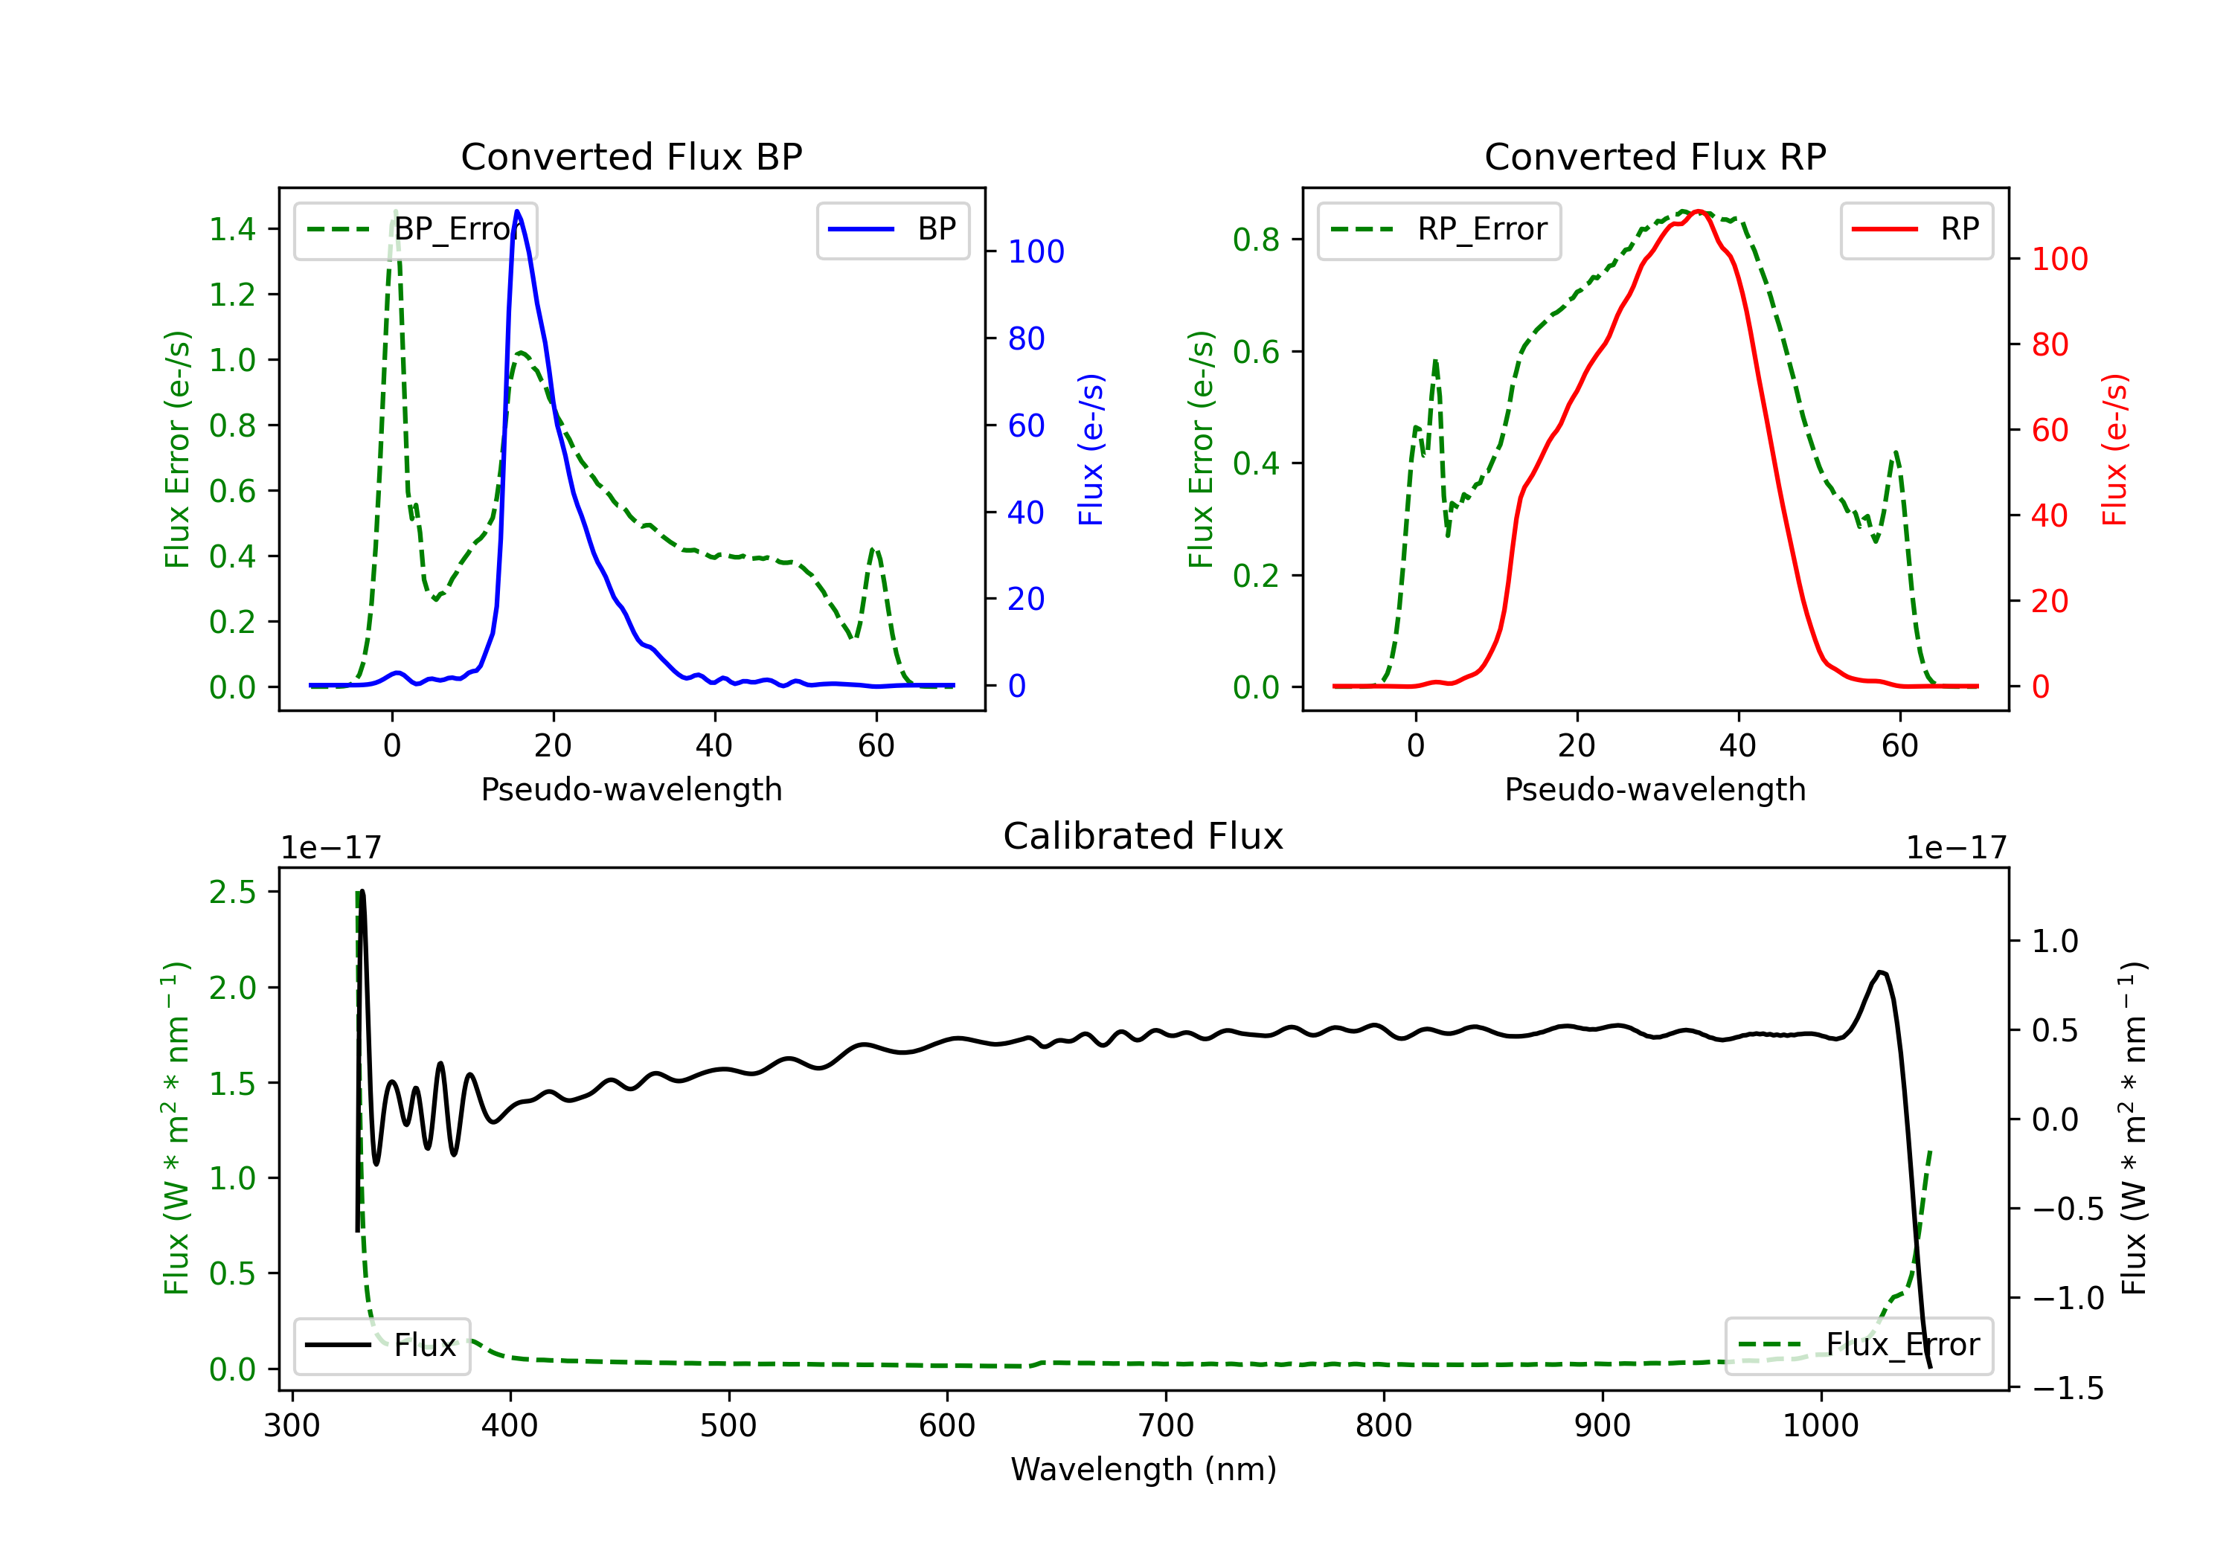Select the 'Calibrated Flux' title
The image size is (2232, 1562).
coord(1144,836)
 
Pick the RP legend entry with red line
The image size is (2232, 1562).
coord(1916,229)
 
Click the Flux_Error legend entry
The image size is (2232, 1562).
coord(1859,1346)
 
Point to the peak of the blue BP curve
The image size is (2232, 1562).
coord(517,212)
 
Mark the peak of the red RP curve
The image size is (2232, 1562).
coord(1697,211)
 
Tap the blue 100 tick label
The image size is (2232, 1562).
coord(1036,251)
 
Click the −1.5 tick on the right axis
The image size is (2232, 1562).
coord(2068,1388)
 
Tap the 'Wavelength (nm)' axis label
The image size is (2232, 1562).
coord(1144,1470)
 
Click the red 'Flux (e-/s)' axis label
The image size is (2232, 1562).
coord(2114,449)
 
